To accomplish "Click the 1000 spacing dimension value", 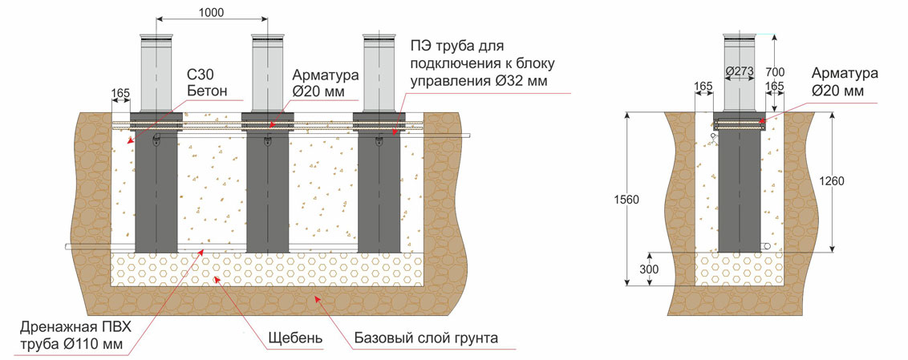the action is tap(211, 11).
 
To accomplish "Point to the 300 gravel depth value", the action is tap(650, 269).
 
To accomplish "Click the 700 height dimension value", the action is tap(775, 72).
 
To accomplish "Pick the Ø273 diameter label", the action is tap(740, 71).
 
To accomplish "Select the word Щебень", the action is tap(295, 338).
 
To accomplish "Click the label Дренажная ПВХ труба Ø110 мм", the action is tap(76, 336).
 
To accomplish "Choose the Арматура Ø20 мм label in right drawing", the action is tap(845, 83).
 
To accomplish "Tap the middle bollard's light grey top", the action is tap(268, 73).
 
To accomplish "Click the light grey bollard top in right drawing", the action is tap(740, 73).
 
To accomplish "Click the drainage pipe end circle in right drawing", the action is tap(767, 247).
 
